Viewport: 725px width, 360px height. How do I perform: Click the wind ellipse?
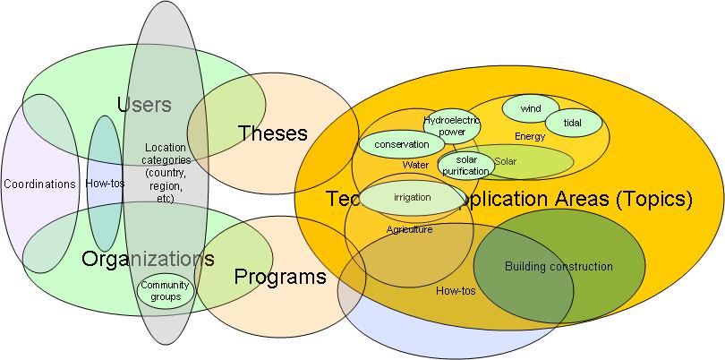point(531,108)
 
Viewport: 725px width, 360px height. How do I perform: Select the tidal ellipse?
point(573,123)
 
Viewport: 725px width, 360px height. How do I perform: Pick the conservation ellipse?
point(401,144)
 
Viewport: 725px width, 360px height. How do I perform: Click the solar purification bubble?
point(465,165)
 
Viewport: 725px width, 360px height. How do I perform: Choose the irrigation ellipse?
point(412,197)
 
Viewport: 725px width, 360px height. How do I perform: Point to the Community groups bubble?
point(166,291)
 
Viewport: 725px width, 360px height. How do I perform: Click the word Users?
point(144,105)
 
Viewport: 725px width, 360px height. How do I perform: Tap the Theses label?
point(273,134)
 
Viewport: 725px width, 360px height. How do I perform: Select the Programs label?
point(280,276)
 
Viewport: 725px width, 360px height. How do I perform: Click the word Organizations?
point(148,260)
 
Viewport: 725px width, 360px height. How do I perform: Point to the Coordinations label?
point(39,184)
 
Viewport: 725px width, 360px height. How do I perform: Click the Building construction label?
point(559,266)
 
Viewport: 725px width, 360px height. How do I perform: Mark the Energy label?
point(530,136)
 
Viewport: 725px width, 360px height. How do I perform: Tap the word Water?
point(415,165)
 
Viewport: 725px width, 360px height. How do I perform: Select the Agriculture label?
point(409,230)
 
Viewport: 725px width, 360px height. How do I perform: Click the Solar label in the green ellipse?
point(506,161)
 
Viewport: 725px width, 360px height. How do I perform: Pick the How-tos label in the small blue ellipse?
point(104,184)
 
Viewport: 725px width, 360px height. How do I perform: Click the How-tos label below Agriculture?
point(455,290)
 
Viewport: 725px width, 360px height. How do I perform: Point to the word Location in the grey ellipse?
point(165,147)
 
